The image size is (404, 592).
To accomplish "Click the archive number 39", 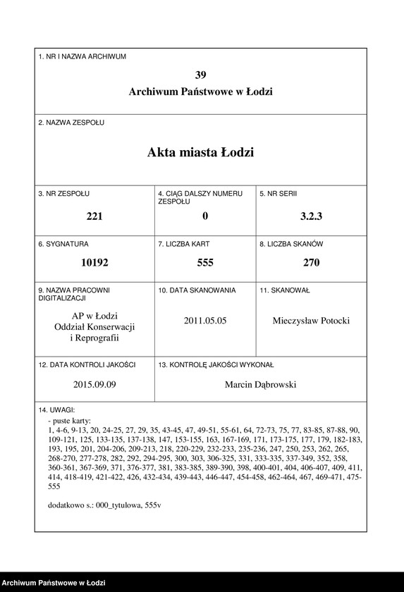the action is tap(201, 75).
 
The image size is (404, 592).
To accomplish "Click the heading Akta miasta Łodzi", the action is tap(201, 152).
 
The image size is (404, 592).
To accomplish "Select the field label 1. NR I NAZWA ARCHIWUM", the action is tap(82, 56).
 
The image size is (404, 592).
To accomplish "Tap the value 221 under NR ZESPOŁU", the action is tap(94, 217).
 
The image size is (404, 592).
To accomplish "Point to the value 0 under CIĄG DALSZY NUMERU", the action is tap(205, 217).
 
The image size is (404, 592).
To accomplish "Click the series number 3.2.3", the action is tap(311, 217).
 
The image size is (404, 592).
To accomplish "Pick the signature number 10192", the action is tap(94, 263).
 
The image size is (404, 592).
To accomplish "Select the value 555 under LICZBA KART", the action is tap(205, 263).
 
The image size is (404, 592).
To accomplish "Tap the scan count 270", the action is tap(311, 263).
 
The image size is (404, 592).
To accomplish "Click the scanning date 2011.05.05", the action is tap(205, 321).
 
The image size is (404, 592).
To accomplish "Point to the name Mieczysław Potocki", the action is tap(311, 321).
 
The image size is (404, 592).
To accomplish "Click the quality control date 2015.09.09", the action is tap(94, 385).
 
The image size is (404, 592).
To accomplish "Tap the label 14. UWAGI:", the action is tap(57, 409).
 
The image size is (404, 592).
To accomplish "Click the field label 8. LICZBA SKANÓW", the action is tap(291, 244).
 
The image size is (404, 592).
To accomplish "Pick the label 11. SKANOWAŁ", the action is tap(285, 290).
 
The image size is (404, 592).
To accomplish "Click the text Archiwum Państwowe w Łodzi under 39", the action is tap(201, 92).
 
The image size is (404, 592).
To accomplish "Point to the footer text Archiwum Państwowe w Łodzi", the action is tap(54, 583).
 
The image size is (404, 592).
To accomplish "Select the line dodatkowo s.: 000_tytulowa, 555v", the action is tap(104, 505).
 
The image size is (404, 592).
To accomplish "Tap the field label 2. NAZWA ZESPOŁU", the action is tap(71, 122).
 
